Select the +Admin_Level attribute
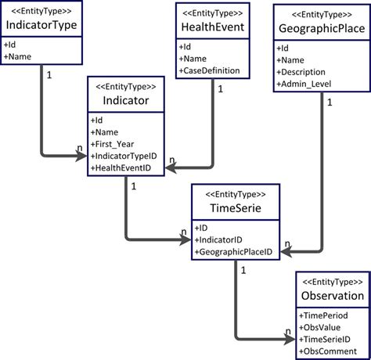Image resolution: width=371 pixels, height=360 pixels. [307, 84]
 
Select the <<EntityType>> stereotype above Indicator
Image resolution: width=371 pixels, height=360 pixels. [124, 87]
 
